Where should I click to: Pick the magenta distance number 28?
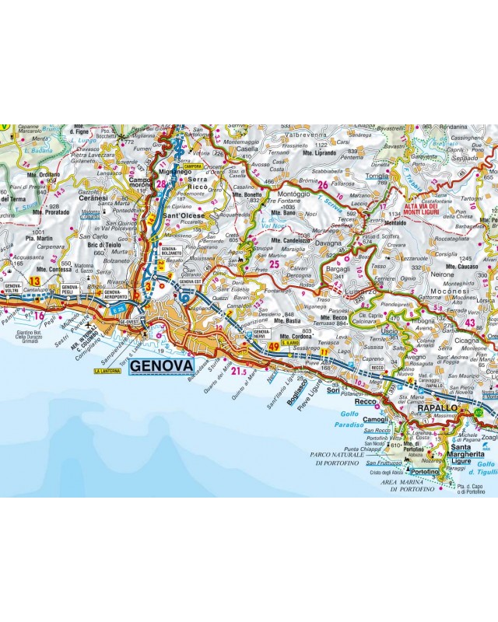tap(161, 184)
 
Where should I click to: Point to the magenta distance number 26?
tap(321, 184)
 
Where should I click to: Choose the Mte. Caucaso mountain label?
tap(463, 266)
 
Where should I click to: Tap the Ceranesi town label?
tap(94, 199)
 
